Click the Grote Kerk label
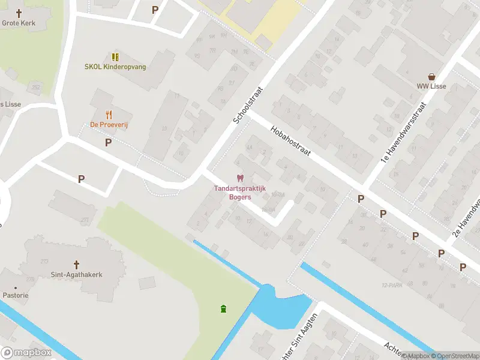pyautogui.click(x=19, y=23)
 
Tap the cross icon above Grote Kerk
pyautogui.click(x=19, y=13)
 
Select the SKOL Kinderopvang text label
pyautogui.click(x=115, y=67)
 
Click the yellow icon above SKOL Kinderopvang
pyautogui.click(x=115, y=57)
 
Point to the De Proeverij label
pyautogui.click(x=109, y=125)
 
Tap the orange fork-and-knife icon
pyautogui.click(x=109, y=115)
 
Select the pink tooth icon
pyautogui.click(x=240, y=178)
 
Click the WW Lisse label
pyautogui.click(x=431, y=86)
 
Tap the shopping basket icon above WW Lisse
pyautogui.click(x=431, y=76)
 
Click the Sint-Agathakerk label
pyautogui.click(x=76, y=275)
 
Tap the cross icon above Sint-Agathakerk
pyautogui.click(x=76, y=265)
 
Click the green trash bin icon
pyautogui.click(x=224, y=309)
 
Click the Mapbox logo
pyautogui.click(x=26, y=353)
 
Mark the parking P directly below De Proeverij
pyautogui.click(x=108, y=142)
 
